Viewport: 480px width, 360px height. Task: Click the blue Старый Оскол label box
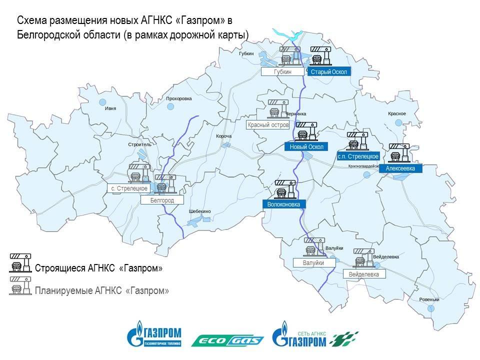(x=328, y=72)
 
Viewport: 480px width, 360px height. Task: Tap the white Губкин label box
(x=283, y=72)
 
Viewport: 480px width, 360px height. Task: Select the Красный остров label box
(x=268, y=125)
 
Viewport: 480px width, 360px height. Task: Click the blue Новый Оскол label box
(x=306, y=147)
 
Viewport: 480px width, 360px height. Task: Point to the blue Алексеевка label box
(x=403, y=169)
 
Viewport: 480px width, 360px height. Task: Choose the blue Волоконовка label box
(x=283, y=204)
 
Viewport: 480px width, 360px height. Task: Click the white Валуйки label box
(x=313, y=262)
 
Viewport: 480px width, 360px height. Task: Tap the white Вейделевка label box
(x=364, y=274)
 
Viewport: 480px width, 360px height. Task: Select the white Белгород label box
(x=162, y=200)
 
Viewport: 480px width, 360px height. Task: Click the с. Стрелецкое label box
(x=129, y=188)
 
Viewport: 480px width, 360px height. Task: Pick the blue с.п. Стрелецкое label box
(x=358, y=156)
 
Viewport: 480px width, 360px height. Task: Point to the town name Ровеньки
(x=429, y=300)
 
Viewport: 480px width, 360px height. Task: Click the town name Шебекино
(x=200, y=211)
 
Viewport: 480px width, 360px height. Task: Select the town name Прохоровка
(x=179, y=98)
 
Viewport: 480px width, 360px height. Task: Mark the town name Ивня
(x=110, y=108)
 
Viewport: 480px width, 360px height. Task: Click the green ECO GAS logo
(x=228, y=340)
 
